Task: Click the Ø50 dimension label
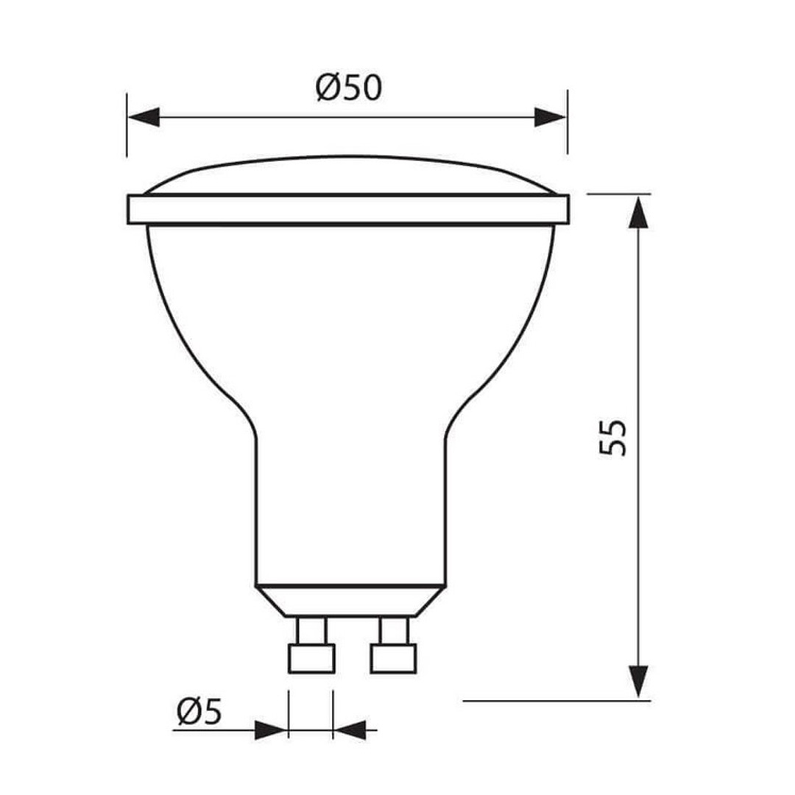point(348,88)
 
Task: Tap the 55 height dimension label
point(613,438)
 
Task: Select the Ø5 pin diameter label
point(199,712)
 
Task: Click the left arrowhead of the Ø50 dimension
point(144,117)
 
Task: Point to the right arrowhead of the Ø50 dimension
point(550,117)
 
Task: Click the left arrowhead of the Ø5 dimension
point(270,730)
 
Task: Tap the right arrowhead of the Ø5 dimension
point(350,730)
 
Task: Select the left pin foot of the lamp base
point(311,659)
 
